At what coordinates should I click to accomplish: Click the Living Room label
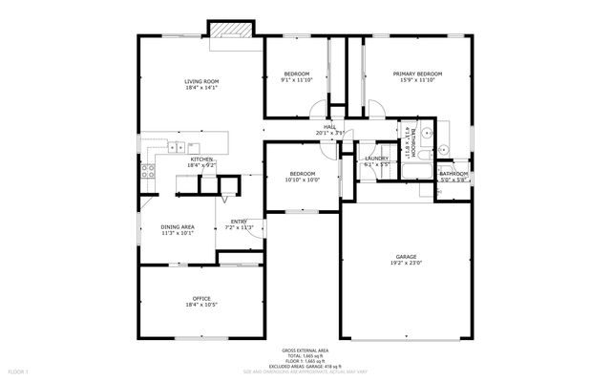tap(201, 82)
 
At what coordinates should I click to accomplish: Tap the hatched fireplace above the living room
tap(232, 30)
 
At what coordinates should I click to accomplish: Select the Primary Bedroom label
tap(417, 74)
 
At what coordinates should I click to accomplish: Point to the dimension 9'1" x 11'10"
tap(297, 80)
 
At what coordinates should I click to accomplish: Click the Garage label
tap(407, 257)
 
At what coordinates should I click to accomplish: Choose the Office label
tap(201, 299)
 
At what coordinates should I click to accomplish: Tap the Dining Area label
tap(178, 225)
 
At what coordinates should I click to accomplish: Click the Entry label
tap(239, 222)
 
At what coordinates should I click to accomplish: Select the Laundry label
tap(376, 159)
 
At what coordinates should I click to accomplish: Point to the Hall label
tap(329, 127)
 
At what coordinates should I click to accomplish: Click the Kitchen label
tap(201, 159)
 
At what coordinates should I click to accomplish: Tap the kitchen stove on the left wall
tap(148, 172)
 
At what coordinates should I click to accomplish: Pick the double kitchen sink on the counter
tap(177, 147)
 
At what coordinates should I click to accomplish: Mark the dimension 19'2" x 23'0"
tap(407, 264)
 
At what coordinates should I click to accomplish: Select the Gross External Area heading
tap(305, 351)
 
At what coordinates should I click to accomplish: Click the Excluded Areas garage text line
tap(305, 366)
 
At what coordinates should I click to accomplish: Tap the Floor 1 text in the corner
tap(19, 371)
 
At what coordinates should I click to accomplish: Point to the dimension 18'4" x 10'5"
tap(201, 306)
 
